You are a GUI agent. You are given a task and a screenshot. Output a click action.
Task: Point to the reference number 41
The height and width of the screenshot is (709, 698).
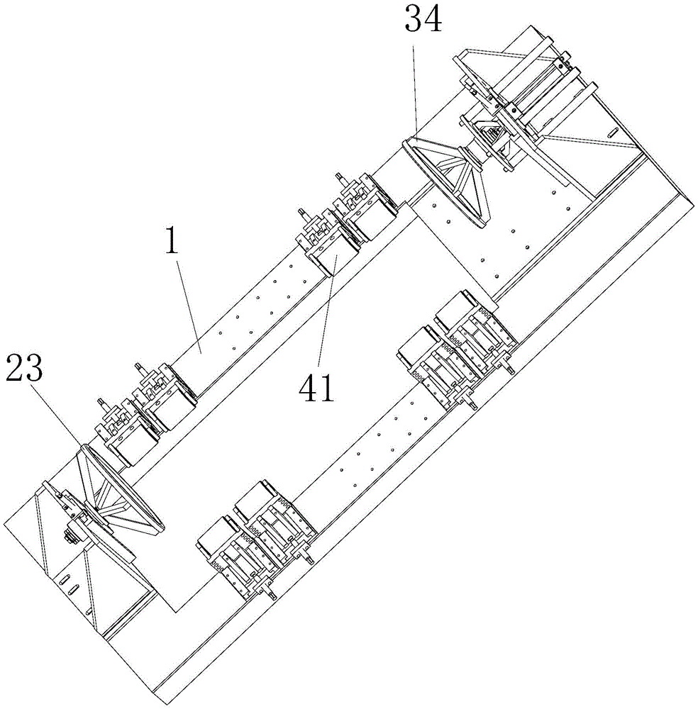coord(316,388)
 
